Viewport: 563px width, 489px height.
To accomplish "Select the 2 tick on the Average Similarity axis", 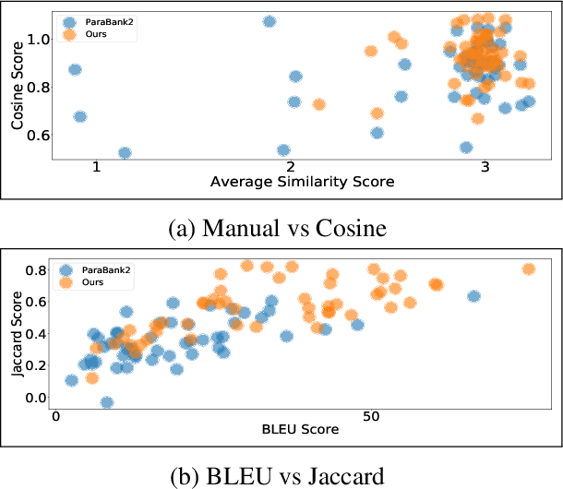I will [291, 165].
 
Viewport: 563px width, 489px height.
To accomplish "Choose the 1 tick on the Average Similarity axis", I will [96, 165].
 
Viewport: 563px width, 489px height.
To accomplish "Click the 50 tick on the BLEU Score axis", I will [370, 416].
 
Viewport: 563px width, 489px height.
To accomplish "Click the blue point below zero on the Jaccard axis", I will [107, 402].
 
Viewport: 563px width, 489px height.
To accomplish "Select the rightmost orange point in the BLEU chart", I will [529, 269].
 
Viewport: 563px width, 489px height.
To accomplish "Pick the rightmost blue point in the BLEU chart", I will [473, 296].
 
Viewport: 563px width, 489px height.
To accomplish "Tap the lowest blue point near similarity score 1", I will [125, 152].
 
